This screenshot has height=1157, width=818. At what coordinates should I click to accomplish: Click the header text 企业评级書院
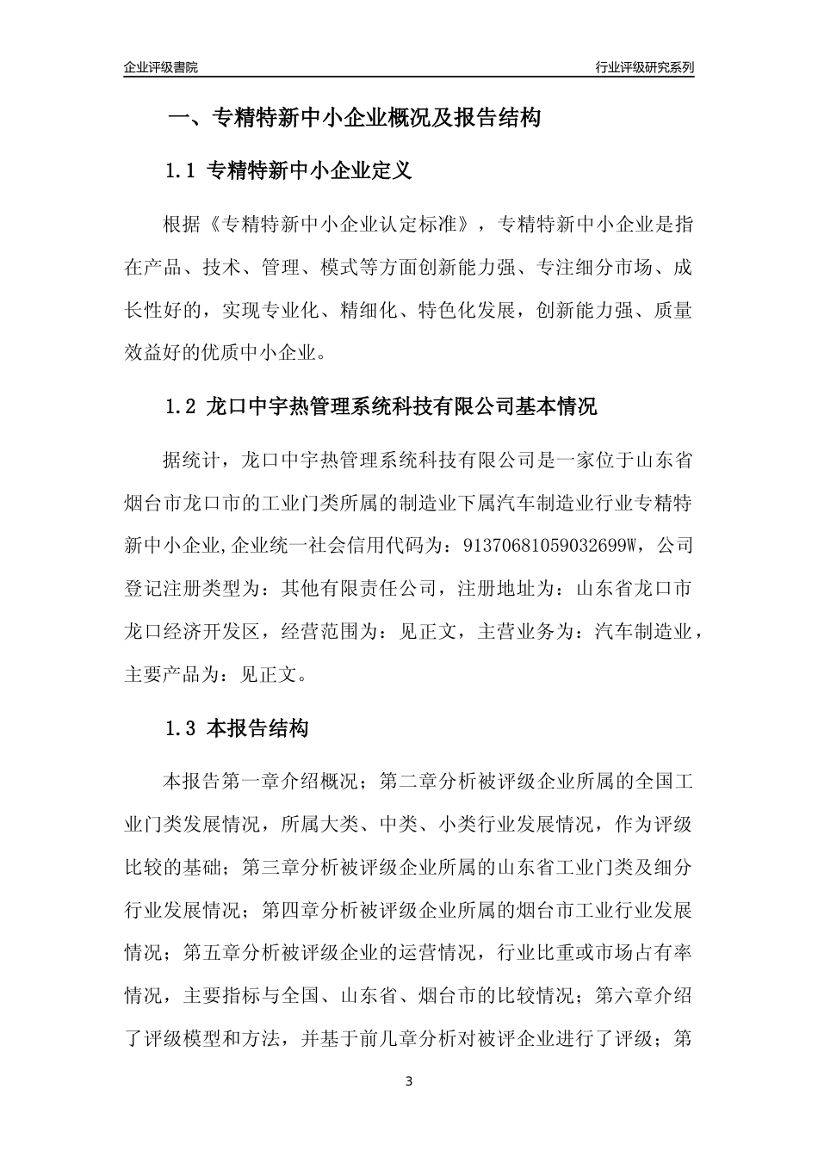[161, 67]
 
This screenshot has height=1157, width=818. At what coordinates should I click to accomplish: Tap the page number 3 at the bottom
[409, 1081]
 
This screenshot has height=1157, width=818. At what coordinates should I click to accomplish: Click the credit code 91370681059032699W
[550, 545]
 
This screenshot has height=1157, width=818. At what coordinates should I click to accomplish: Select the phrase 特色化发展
[466, 309]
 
